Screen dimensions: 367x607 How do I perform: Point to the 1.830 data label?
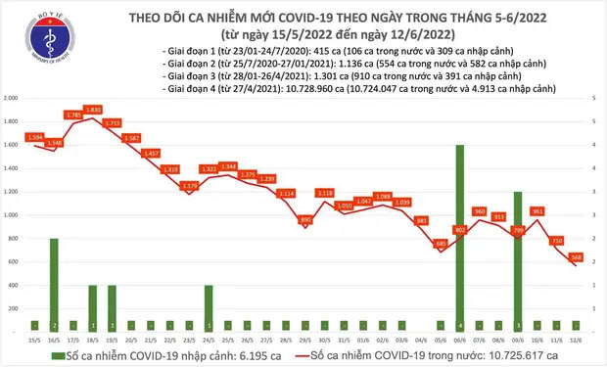94,109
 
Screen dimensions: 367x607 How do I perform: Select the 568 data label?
578,257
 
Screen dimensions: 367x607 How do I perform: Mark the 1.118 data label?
325,193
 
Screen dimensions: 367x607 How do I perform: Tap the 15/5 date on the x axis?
33,340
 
